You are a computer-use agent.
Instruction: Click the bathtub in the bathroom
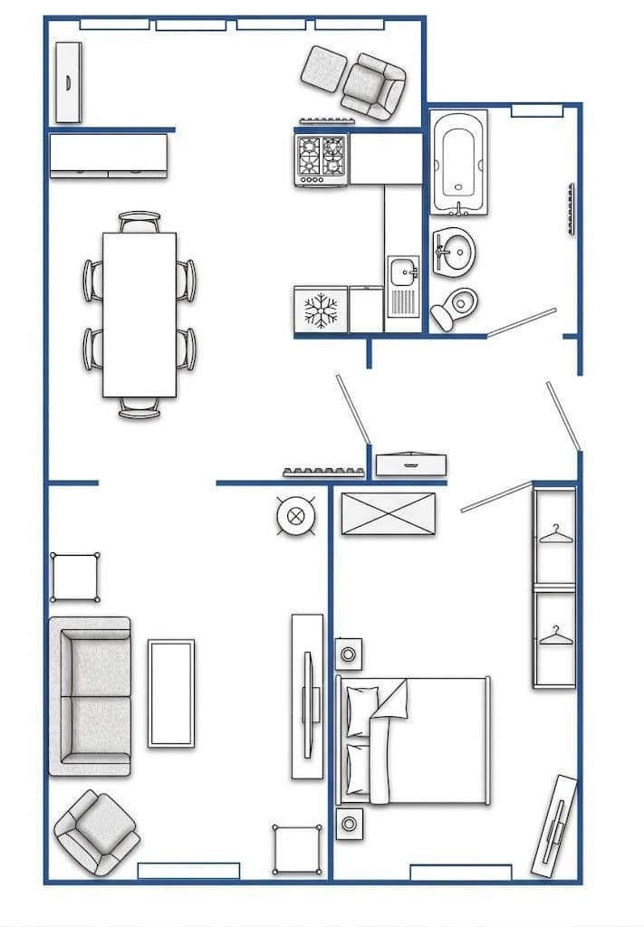(x=459, y=163)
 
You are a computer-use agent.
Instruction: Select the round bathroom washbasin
(x=456, y=251)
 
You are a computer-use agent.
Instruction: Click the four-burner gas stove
(x=322, y=158)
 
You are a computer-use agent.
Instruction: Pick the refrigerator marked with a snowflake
(x=321, y=310)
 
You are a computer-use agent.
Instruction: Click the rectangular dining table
(x=139, y=314)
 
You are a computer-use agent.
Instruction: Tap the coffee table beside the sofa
(x=171, y=693)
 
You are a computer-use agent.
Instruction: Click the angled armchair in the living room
(x=96, y=831)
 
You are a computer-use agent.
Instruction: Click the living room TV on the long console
(x=307, y=695)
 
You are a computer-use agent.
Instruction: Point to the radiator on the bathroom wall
(x=570, y=209)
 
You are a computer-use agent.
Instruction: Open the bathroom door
(x=522, y=320)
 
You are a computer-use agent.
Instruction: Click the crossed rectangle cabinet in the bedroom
(x=387, y=513)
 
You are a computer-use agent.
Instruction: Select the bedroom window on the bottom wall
(x=460, y=872)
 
